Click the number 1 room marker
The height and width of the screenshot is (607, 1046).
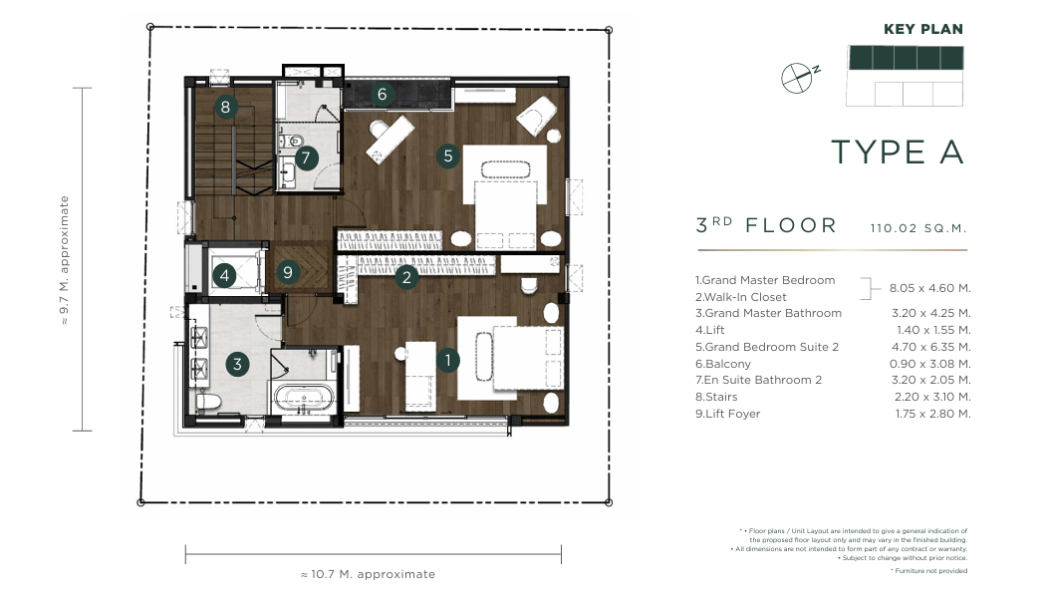447,361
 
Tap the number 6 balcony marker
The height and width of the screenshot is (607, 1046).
382,94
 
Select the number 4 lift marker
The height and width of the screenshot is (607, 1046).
224,275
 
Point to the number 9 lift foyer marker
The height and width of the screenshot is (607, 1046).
288,272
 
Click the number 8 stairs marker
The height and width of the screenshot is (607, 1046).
225,107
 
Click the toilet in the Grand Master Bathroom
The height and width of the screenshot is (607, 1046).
208,402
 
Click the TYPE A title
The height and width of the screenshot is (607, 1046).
898,152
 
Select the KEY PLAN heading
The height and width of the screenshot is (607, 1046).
923,29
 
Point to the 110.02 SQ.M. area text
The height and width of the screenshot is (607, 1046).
917,228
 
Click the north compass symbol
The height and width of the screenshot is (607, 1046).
799,77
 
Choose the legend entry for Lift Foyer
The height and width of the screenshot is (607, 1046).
728,414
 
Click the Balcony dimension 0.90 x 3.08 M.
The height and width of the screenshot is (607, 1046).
929,364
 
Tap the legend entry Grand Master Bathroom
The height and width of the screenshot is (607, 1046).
768,313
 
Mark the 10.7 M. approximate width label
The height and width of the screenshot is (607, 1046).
368,574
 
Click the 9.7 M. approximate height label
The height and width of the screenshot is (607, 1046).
64,260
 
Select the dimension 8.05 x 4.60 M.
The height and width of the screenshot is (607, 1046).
929,288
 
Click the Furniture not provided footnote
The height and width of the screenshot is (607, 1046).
929,571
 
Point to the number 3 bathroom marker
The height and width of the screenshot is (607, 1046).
237,364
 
